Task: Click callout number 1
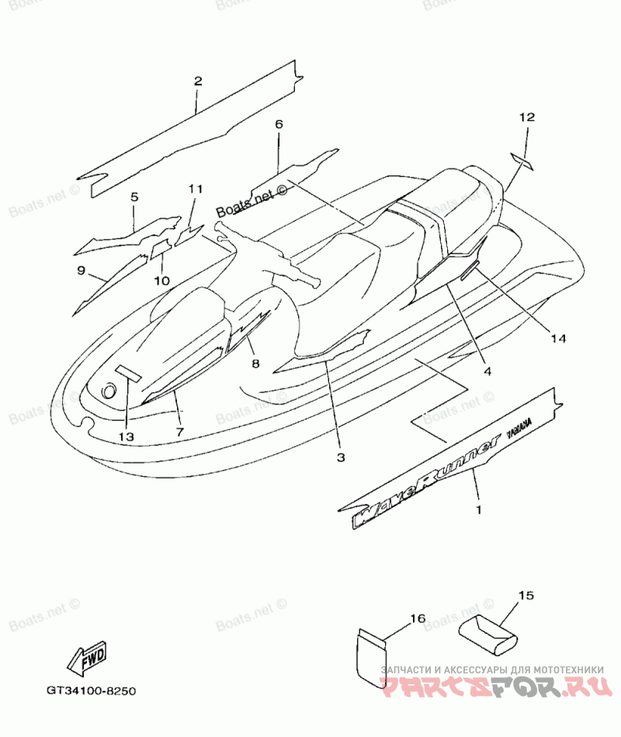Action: point(478,510)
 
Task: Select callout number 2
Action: point(198,81)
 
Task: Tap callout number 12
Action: point(527,117)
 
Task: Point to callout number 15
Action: point(526,596)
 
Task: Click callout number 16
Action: point(418,618)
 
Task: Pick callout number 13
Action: point(127,436)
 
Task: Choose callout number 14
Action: point(559,339)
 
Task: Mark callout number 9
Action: point(81,269)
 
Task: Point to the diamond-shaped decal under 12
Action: point(521,162)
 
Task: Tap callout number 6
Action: point(279,124)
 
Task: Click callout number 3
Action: point(340,457)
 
